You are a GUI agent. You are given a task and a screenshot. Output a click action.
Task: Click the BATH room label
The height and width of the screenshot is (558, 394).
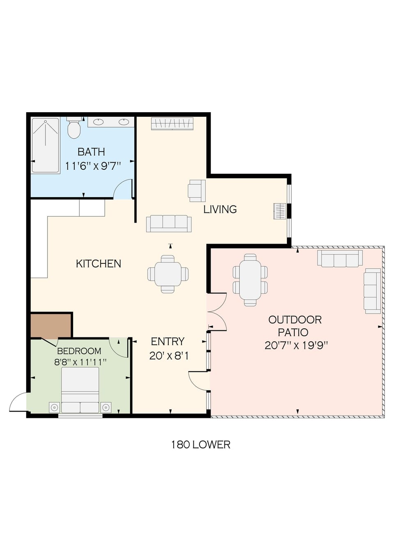click(91, 152)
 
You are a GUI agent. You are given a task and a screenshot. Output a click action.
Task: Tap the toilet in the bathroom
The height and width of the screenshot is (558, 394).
click(74, 129)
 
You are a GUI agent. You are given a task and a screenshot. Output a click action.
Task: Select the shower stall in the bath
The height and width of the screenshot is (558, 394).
click(46, 145)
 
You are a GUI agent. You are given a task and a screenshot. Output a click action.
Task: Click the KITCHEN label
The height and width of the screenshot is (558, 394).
click(98, 264)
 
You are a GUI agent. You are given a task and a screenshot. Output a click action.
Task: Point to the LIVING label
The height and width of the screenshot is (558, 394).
click(220, 210)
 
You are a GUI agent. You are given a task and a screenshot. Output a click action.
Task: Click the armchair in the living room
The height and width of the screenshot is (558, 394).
click(197, 191)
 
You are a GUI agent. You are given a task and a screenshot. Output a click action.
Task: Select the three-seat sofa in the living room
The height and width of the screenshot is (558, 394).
click(169, 223)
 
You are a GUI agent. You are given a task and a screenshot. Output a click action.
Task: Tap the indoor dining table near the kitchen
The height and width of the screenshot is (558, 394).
click(168, 274)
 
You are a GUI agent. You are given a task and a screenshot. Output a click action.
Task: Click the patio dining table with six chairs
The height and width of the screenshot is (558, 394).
click(250, 280)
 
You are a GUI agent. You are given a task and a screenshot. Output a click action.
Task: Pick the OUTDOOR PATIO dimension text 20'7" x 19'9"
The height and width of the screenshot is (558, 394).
click(296, 345)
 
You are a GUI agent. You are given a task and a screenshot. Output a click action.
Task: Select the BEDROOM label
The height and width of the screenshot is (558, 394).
click(79, 351)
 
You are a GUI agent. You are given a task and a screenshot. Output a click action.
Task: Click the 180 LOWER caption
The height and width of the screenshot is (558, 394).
click(201, 445)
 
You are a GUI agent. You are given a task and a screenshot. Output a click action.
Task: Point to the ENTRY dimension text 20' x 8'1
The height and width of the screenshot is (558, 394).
click(169, 356)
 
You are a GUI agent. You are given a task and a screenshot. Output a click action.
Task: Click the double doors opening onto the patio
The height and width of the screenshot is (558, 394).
click(216, 311)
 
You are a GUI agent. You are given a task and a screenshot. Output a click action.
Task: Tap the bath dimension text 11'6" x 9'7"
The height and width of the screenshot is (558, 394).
click(93, 166)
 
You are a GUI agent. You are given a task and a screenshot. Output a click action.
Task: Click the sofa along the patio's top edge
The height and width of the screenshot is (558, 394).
click(340, 258)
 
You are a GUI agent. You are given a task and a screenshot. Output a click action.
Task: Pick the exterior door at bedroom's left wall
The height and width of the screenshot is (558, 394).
click(19, 402)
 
